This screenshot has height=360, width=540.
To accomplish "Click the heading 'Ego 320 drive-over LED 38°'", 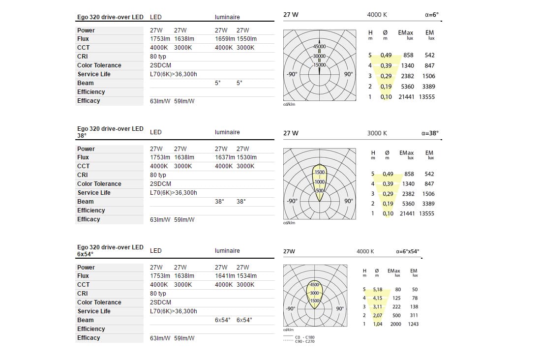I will (110, 132).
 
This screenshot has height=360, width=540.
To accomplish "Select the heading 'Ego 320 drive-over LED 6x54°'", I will (110, 250).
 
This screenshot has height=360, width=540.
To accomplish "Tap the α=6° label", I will (431, 15).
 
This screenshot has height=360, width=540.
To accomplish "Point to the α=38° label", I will (430, 133).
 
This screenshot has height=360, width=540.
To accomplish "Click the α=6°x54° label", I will (407, 251).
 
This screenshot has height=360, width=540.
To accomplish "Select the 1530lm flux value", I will (247, 157).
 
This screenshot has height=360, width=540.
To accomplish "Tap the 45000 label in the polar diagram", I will (320, 47).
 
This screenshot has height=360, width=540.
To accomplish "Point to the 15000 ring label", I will (320, 65).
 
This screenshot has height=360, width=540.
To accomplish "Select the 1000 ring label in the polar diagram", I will (320, 182).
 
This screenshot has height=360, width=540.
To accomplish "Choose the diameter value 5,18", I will (378, 290).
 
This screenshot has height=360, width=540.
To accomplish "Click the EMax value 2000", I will (396, 324).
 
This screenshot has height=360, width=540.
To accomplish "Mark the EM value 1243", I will (414, 324).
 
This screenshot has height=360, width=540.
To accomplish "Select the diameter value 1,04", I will (378, 324).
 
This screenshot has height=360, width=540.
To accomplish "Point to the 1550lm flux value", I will (247, 39).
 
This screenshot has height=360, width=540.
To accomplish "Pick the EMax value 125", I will (397, 298).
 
